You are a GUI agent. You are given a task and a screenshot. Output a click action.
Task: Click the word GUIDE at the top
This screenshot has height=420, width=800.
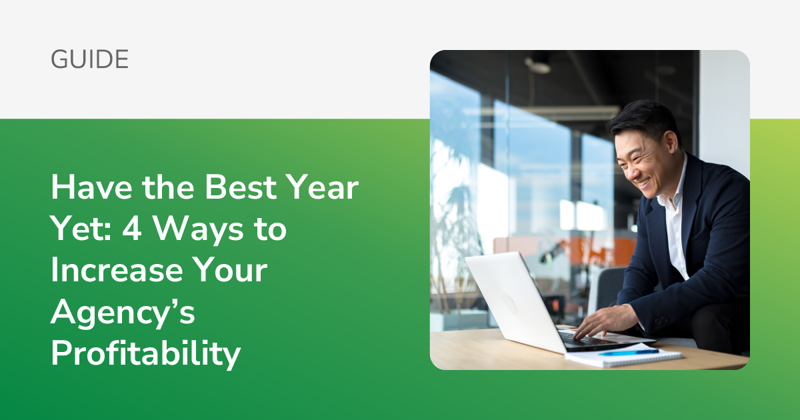click(89, 60)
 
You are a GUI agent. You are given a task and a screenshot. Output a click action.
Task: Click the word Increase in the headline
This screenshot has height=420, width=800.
click(117, 271)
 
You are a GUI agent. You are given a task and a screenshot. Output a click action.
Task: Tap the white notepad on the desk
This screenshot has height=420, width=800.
click(623, 357)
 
